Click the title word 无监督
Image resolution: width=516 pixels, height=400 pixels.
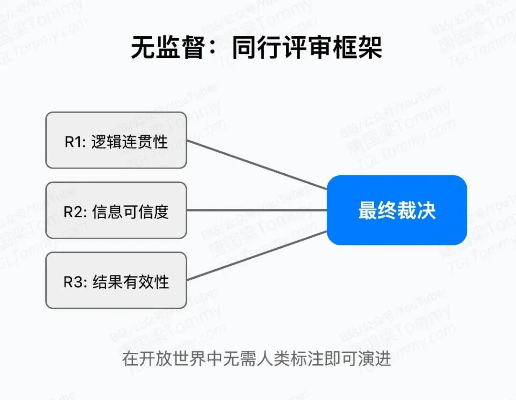pyautogui.click(x=168, y=48)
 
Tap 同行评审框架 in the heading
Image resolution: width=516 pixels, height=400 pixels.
pyautogui.click(x=308, y=48)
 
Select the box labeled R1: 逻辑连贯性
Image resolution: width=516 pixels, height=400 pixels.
pyautogui.click(x=116, y=140)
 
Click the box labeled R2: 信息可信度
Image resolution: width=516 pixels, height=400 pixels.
pyautogui.click(x=116, y=210)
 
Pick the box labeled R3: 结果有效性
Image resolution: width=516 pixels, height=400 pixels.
pyautogui.click(x=116, y=280)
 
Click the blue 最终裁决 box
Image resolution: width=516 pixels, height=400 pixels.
pyautogui.click(x=397, y=210)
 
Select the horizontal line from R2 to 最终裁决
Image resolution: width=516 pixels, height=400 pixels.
pyautogui.click(x=257, y=210)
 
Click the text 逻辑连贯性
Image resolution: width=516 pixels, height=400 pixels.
pyautogui.click(x=129, y=142)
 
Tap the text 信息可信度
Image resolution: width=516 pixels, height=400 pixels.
pyautogui.click(x=130, y=211)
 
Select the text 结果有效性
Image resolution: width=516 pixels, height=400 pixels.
pyautogui.click(x=130, y=282)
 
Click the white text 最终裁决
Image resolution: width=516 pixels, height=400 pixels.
pyautogui.click(x=397, y=210)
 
